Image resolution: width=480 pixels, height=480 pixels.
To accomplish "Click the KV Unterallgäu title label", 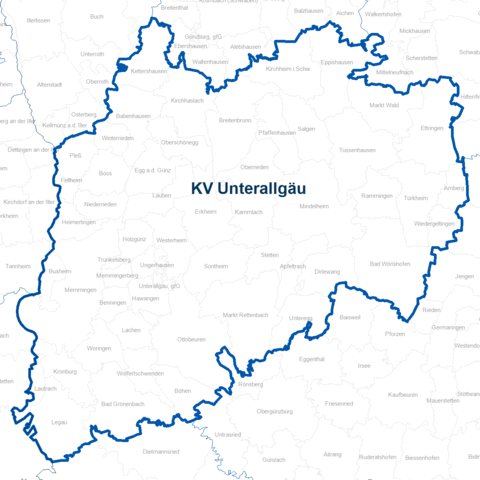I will [248, 187].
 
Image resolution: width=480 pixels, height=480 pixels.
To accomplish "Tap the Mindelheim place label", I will [314, 206].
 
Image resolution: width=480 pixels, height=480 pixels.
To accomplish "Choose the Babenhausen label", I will [131, 115].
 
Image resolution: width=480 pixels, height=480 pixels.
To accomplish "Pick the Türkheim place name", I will [415, 198].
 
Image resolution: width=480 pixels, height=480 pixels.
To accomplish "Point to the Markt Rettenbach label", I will [246, 315].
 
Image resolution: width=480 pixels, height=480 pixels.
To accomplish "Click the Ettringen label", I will [431, 129].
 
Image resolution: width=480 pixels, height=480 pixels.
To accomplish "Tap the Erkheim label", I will [206, 212].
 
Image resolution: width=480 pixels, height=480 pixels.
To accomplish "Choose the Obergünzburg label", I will [273, 411].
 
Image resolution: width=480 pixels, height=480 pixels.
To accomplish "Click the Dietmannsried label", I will [161, 451].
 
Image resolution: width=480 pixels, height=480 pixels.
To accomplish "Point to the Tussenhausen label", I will [356, 149].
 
